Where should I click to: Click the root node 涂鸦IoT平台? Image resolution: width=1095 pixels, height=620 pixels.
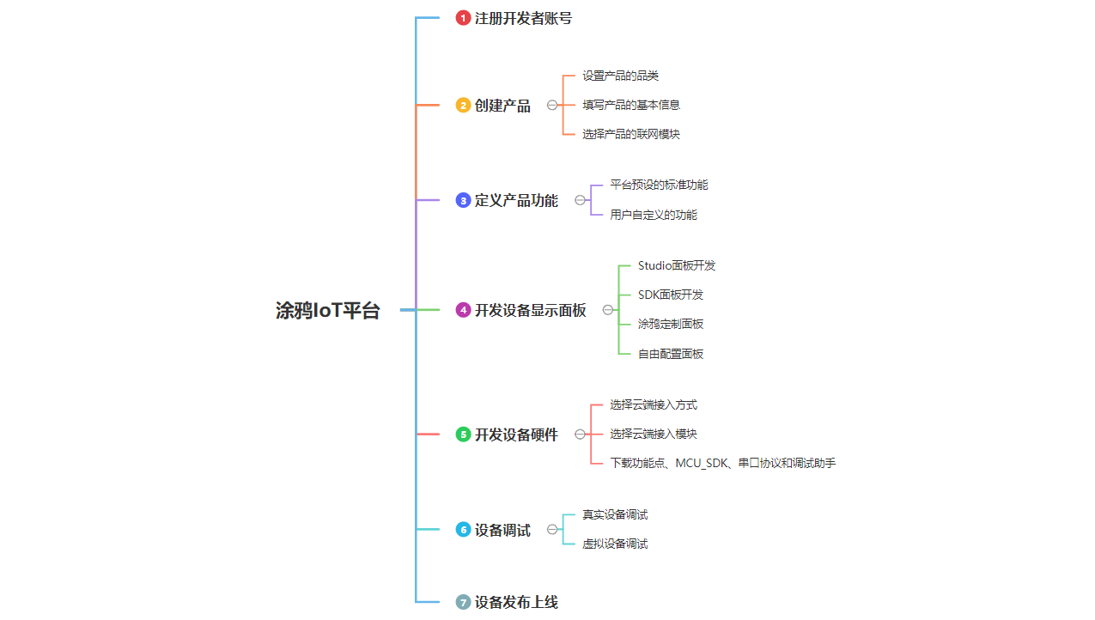point(327,311)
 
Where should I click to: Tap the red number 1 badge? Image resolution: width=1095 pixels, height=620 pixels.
point(463,18)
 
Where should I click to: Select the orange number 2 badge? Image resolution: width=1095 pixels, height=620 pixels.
point(463,106)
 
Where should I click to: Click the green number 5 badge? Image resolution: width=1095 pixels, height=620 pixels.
point(463,435)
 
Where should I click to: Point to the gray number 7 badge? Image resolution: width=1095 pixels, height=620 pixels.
point(463,602)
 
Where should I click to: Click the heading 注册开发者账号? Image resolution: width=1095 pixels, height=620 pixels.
point(523,18)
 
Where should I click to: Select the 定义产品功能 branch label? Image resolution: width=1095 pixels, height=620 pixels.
point(516,201)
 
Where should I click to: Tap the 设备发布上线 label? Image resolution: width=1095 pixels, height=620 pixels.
point(516,602)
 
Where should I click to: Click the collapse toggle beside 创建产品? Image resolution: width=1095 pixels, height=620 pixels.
point(552,106)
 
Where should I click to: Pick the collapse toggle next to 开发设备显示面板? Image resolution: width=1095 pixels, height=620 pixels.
point(608,310)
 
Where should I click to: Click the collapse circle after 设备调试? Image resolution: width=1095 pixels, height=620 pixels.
point(552,530)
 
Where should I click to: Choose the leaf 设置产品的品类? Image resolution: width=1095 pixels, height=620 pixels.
point(620,76)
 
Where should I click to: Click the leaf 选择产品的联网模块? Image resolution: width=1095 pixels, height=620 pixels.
point(630,134)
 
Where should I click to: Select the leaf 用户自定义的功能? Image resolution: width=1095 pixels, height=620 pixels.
point(653,215)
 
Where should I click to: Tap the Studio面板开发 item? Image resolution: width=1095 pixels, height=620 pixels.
point(676,265)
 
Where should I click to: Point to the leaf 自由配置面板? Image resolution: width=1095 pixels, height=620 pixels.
point(670,354)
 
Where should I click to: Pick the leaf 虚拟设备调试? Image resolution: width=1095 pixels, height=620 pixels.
point(614,544)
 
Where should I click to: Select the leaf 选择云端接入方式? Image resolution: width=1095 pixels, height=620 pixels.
point(653,404)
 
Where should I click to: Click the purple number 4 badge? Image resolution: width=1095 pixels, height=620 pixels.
point(463,310)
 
